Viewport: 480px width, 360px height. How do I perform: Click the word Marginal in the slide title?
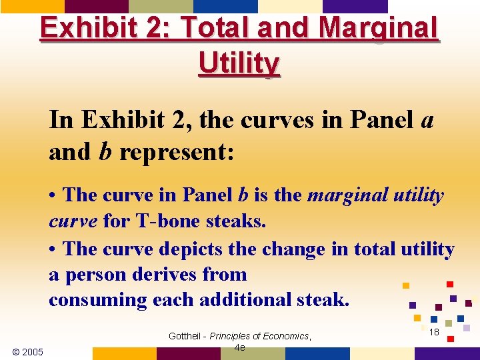point(378,29)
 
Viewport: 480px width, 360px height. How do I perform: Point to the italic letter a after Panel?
point(428,121)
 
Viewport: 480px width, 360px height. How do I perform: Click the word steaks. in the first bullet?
point(235,221)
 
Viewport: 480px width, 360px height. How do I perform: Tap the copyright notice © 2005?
point(28,351)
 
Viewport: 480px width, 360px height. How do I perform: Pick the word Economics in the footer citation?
point(285,336)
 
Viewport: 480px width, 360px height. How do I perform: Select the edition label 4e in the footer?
point(240,347)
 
